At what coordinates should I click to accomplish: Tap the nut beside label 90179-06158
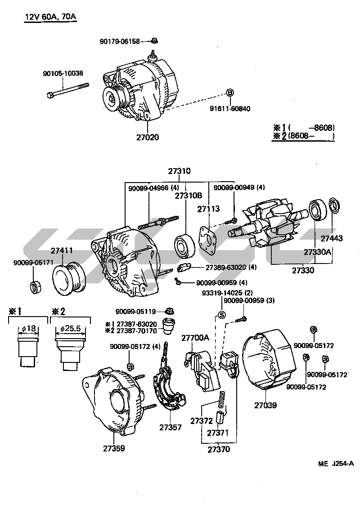tap(154, 41)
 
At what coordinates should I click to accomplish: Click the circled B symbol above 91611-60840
tap(229, 93)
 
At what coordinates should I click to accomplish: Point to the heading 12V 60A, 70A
tap(50, 18)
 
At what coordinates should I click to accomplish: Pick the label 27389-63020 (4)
tap(230, 267)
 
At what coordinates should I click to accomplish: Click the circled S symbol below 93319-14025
tap(221, 314)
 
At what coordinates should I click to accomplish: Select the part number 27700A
tap(195, 338)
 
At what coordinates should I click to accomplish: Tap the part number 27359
tap(113, 448)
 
